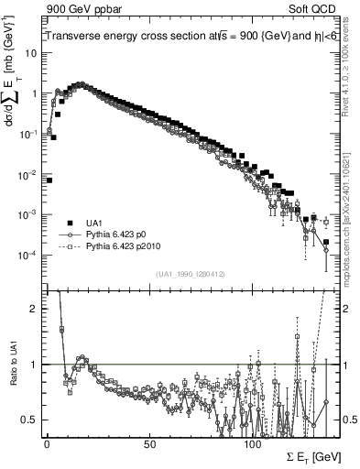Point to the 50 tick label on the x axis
(149, 443)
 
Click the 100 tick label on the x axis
(253, 443)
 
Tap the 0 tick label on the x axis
(47, 443)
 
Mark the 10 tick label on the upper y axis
(30, 53)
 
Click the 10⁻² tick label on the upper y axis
(27, 174)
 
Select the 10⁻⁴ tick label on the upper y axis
(27, 255)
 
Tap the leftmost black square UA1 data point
(49, 180)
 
